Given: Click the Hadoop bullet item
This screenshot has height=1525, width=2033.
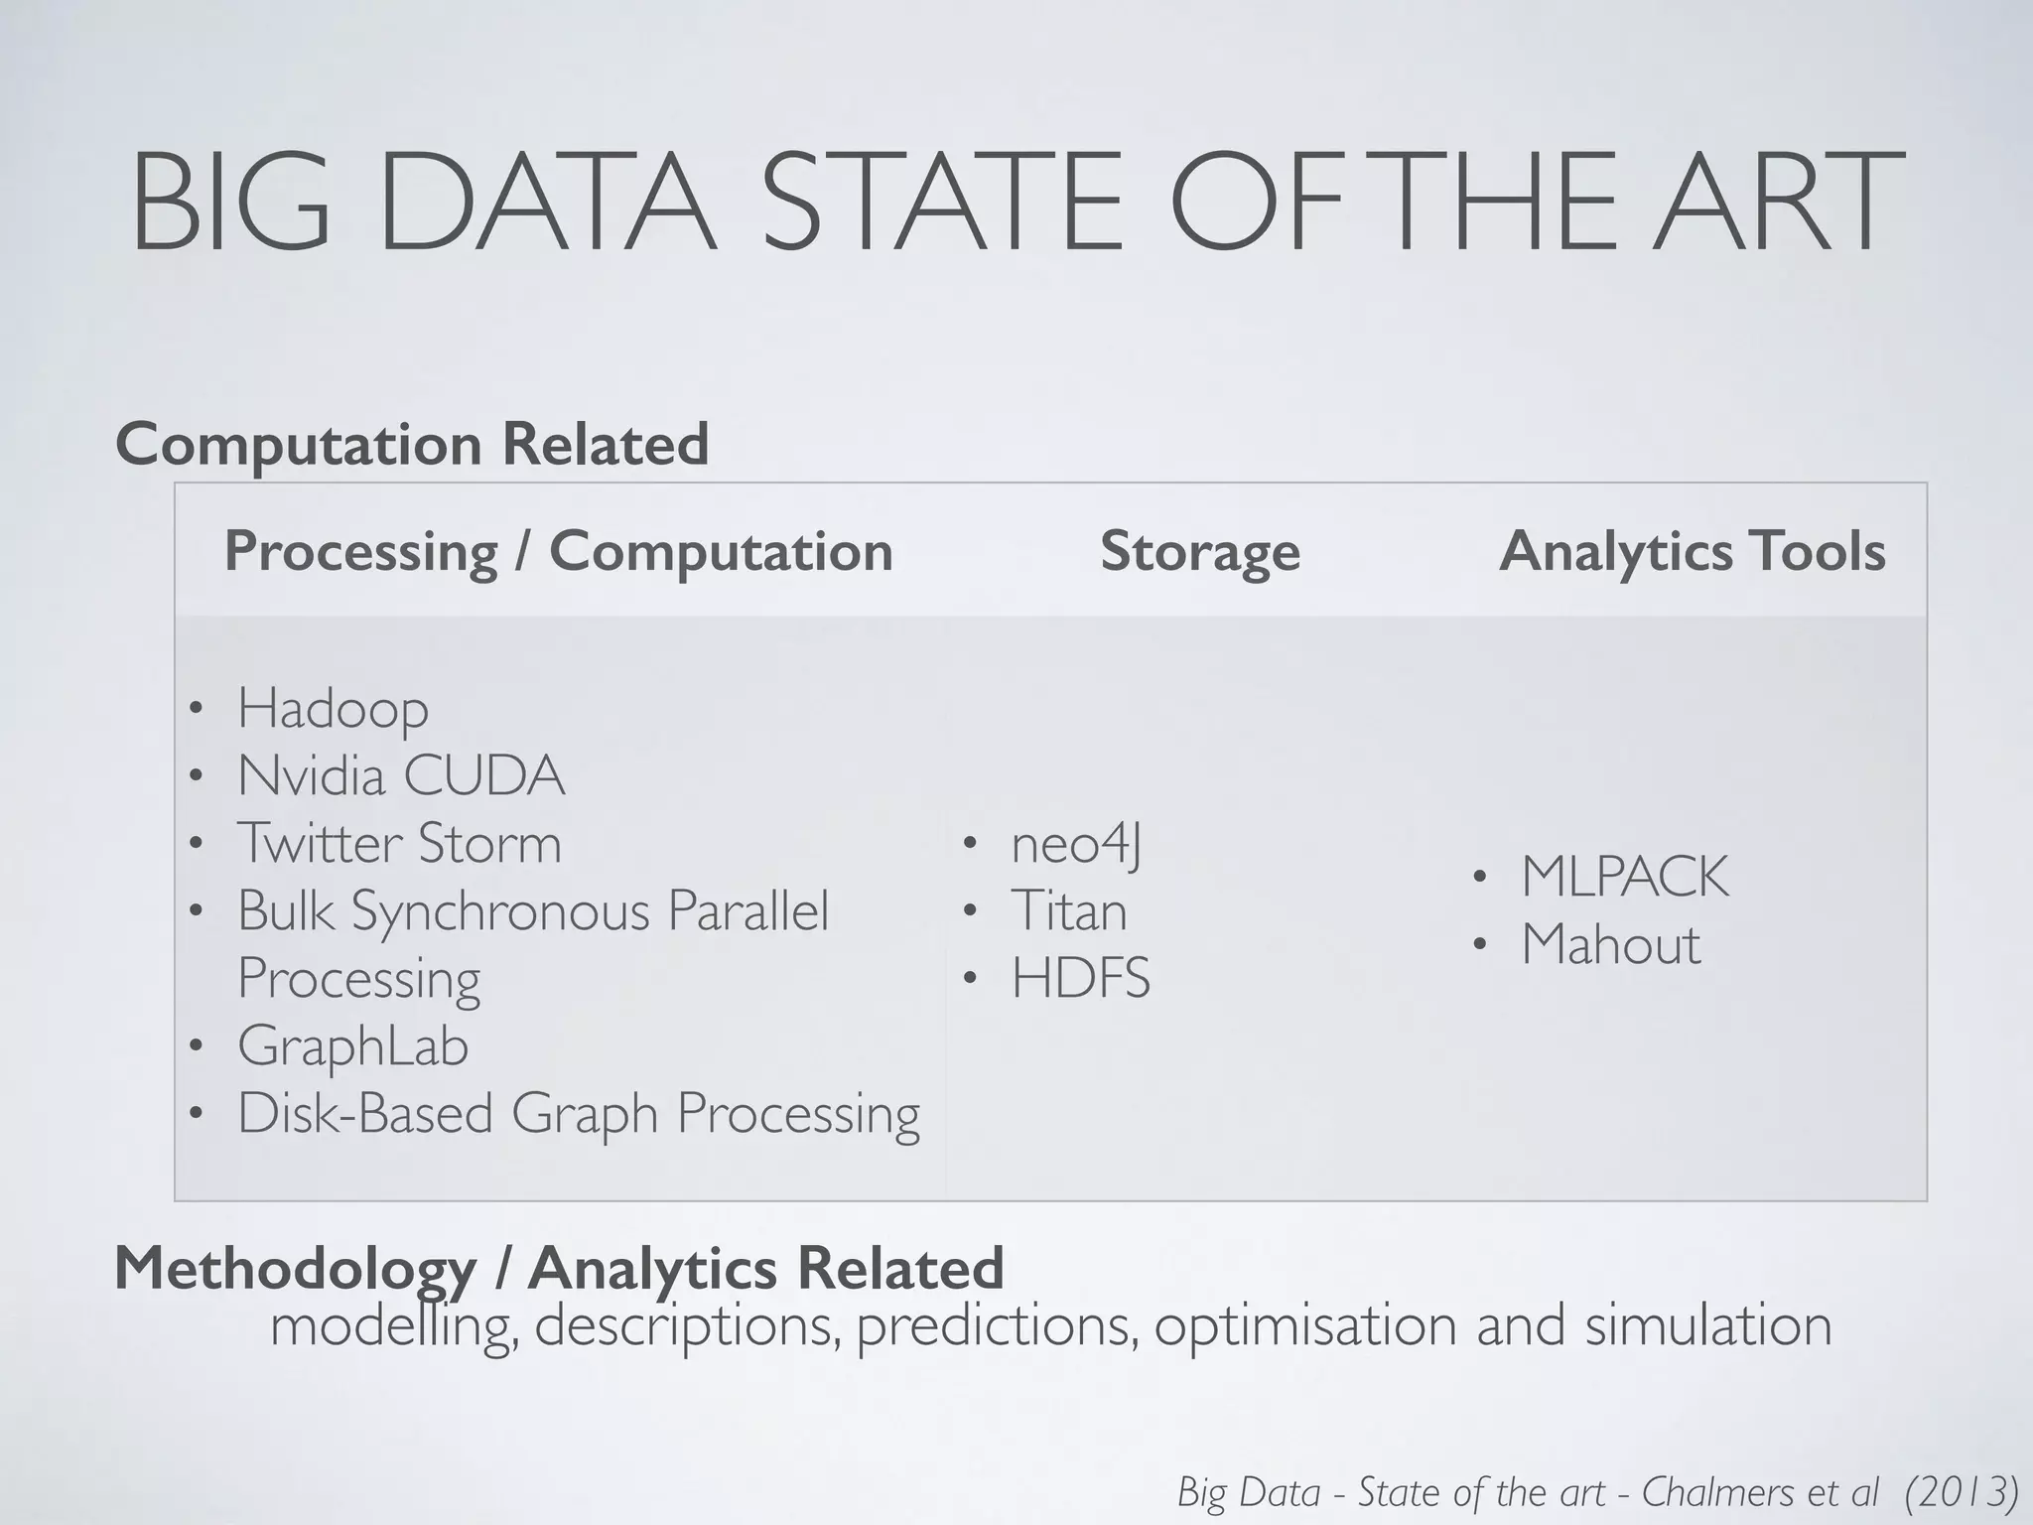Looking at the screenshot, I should point(333,709).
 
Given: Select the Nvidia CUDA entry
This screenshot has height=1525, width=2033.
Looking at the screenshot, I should point(401,776).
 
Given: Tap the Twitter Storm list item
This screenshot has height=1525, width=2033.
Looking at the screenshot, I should point(399,844).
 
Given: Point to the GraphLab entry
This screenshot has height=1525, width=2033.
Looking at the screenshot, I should point(352,1046).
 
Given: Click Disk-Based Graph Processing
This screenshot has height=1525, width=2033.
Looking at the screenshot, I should point(579,1114).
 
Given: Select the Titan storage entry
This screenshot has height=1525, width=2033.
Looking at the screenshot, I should point(1069,911).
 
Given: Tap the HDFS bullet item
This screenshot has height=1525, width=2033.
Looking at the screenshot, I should point(1080,979).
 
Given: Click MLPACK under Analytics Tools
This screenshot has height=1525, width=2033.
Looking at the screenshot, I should point(1625,878).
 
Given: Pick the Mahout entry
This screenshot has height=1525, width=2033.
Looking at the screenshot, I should point(1610,945).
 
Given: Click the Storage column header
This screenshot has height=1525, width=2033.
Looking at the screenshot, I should point(1199,552).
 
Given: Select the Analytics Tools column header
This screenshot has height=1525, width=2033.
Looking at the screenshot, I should point(1692,552).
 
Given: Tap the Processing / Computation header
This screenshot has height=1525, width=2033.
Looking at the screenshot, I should point(558,552).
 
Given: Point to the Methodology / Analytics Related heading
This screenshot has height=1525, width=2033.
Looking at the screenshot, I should point(559,1268).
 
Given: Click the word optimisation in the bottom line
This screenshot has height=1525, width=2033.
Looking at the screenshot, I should point(1307,1326).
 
